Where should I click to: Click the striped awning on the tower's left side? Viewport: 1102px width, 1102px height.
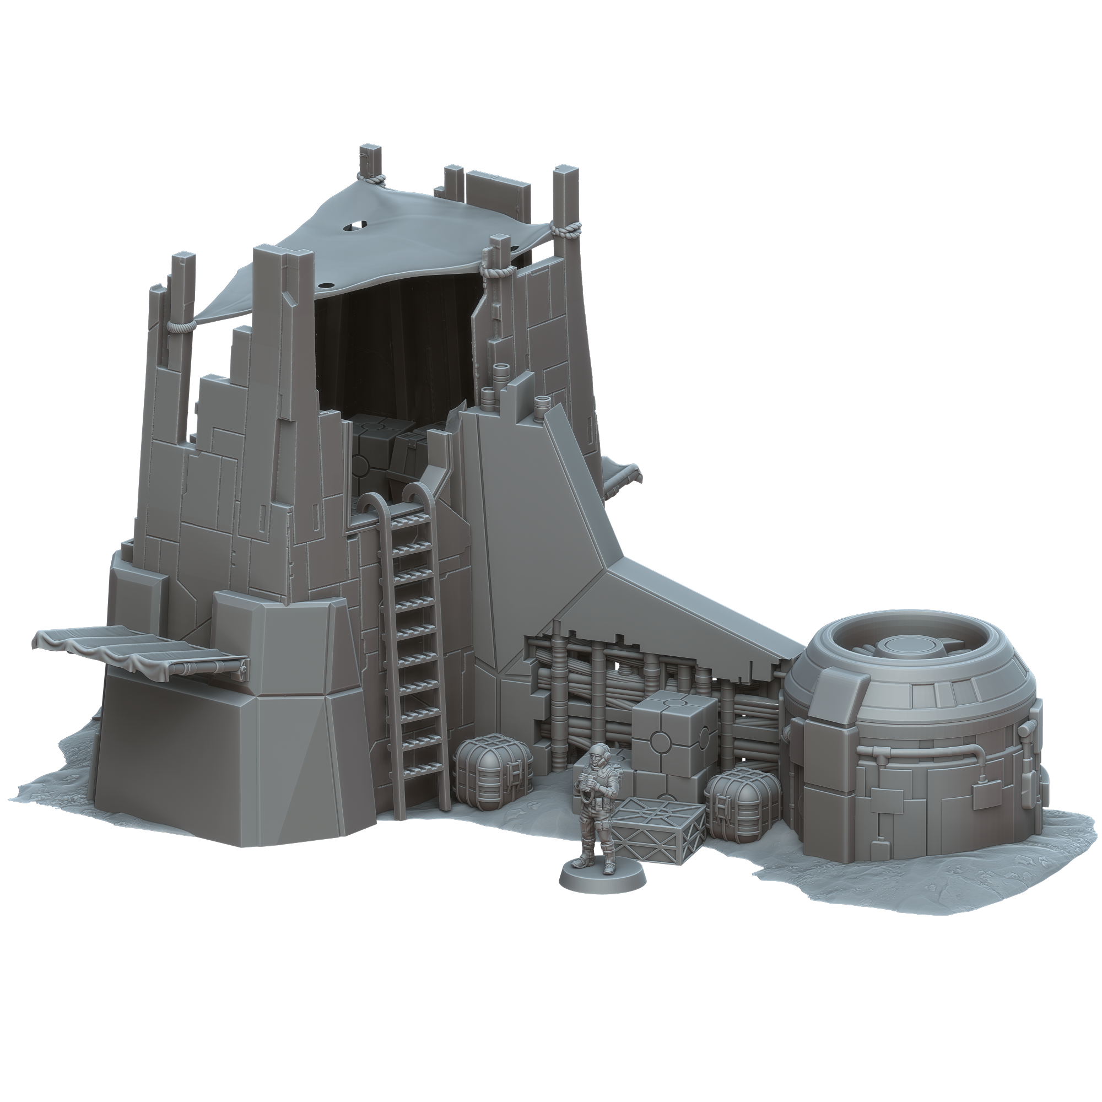pos(143,651)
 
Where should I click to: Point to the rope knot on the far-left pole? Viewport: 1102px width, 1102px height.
pos(181,326)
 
